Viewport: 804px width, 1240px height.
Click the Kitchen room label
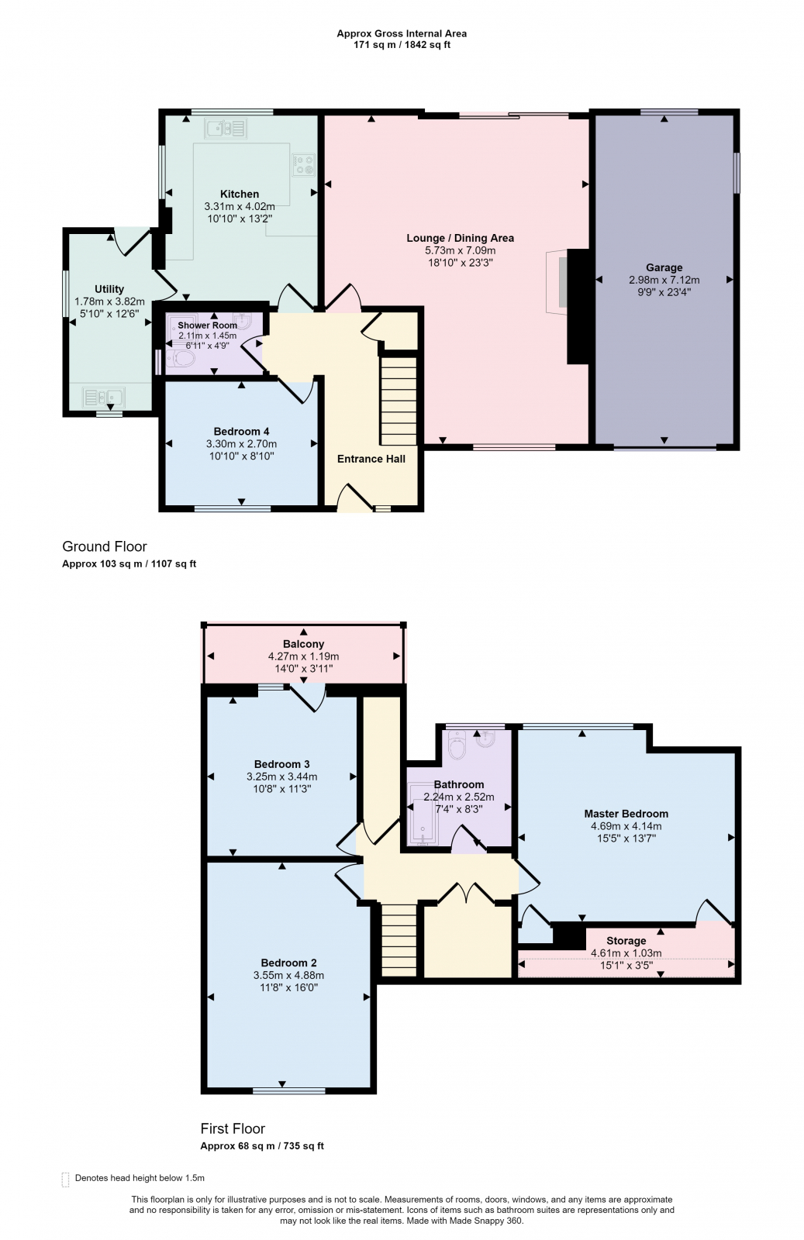pos(240,194)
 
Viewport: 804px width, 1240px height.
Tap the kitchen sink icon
pos(226,129)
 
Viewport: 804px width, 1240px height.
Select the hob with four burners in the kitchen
pos(303,164)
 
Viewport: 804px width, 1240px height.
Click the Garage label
pos(664,267)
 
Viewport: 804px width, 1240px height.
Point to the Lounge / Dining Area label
pos(460,238)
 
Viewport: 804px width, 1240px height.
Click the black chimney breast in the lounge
pos(578,306)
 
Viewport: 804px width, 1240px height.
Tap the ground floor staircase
pos(399,401)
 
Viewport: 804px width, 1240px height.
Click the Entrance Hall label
pos(371,458)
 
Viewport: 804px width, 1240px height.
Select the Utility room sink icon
pos(104,397)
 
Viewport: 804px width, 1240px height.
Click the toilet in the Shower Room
pos(181,359)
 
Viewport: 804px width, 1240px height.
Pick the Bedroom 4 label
pos(241,431)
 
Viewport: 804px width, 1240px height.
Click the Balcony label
pos(303,644)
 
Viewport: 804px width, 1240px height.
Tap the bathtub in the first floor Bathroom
pos(423,814)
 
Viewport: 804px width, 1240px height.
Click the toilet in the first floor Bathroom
pos(457,745)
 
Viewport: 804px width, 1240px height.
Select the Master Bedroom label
pos(626,813)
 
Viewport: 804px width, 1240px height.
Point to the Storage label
pos(626,941)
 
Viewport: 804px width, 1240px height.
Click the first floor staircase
pos(399,941)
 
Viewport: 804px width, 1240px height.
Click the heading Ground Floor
pos(105,546)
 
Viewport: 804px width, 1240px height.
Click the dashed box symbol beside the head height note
pos(65,1179)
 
